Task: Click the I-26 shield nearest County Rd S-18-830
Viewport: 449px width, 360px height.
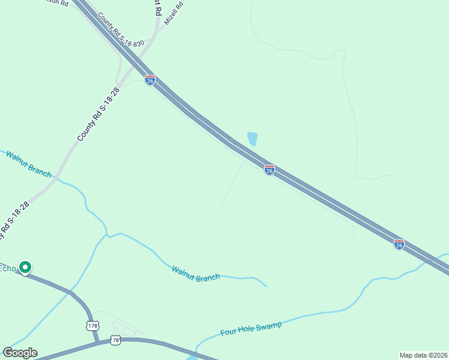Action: coord(150,80)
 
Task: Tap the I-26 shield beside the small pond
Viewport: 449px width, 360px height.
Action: coord(270,170)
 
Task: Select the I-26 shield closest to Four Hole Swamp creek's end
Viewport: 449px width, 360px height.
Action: coord(399,244)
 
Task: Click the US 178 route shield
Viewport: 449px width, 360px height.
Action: coord(92,326)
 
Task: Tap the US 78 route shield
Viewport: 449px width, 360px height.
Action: coord(116,340)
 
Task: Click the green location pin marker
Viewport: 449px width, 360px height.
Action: coord(25,267)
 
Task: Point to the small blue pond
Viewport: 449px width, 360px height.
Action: coord(253,139)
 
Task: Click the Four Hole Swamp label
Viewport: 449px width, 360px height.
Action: coord(251,329)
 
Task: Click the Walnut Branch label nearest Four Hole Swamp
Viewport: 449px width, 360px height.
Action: coord(196,274)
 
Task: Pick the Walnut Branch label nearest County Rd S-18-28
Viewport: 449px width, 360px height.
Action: coord(28,164)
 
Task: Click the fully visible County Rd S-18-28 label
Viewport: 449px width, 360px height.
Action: coord(98,115)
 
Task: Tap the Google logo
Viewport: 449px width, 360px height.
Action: coord(20,353)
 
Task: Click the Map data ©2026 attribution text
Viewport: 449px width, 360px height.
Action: coord(423,355)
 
